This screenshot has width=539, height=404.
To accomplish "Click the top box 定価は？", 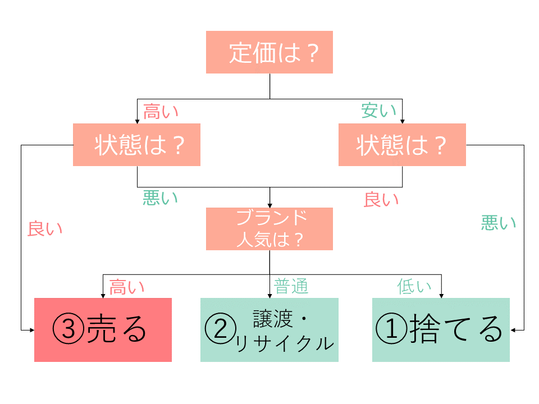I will (x=269, y=52).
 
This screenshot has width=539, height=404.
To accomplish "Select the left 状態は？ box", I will (x=136, y=145).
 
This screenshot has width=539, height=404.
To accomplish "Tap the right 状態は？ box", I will (x=402, y=145).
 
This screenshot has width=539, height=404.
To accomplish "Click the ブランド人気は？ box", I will (x=269, y=229).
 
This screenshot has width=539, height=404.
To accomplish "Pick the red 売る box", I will (x=103, y=330).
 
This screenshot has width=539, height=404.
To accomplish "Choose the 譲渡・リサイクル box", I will (x=269, y=330).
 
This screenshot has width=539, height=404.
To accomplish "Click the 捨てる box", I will (x=441, y=330).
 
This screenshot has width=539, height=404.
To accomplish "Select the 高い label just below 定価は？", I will (x=161, y=111).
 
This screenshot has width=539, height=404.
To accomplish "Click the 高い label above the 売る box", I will (x=126, y=287).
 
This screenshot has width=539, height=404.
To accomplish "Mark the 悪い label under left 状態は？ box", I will (x=160, y=198).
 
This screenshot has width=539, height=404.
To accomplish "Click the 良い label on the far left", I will (x=45, y=228).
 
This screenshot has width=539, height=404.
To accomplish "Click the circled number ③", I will (x=68, y=330).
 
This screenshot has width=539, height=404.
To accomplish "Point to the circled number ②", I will (x=221, y=330).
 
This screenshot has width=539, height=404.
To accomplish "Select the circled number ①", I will (x=391, y=330).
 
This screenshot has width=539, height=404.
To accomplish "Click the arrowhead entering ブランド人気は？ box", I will (x=269, y=205).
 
